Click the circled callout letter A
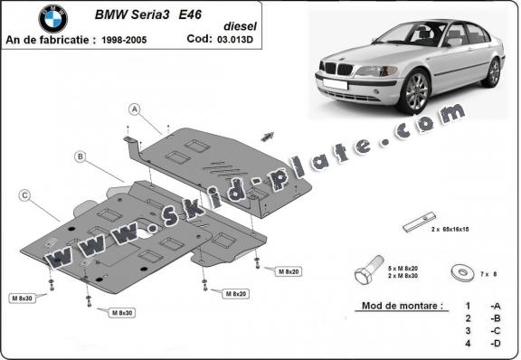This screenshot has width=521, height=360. (134, 110)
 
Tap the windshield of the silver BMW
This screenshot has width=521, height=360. (412, 35)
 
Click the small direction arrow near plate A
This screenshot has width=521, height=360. (268, 135)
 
